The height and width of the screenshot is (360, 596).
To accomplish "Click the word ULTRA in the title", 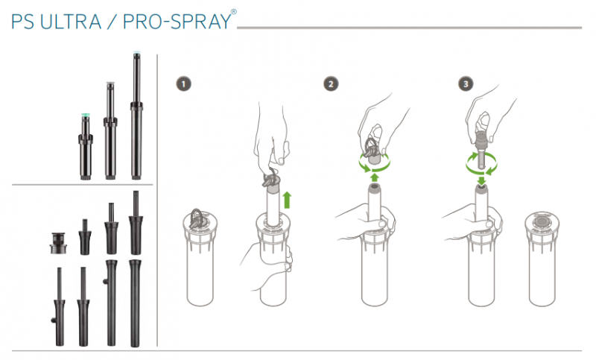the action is click(x=71, y=22).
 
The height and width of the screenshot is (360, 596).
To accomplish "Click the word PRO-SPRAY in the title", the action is click(x=177, y=22).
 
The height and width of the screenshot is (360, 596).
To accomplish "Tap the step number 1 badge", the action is click(x=183, y=84).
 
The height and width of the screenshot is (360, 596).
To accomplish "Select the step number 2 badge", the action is click(x=331, y=84).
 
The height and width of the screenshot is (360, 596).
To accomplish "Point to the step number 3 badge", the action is click(x=466, y=84).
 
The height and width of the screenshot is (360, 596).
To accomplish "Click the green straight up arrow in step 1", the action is click(x=287, y=200).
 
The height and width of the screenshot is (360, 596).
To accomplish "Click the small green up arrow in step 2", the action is click(x=375, y=177).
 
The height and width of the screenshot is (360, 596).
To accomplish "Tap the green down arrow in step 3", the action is click(x=481, y=180).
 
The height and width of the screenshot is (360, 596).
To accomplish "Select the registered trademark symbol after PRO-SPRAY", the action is click(x=233, y=12).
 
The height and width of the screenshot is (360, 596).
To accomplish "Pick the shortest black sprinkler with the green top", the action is click(x=86, y=146).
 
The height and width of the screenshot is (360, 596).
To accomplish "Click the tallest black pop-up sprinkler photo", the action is click(x=136, y=116).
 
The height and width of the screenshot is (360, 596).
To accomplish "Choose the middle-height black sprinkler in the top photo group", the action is click(x=110, y=130).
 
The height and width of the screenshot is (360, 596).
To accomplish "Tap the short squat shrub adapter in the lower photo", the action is click(x=58, y=243).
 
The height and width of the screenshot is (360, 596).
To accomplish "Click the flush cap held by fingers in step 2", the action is click(x=373, y=153).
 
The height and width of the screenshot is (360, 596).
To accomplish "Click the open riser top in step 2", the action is click(x=375, y=186).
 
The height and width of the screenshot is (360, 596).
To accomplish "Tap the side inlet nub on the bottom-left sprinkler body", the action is click(x=54, y=320).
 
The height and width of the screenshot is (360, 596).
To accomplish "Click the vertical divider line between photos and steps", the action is click(x=157, y=200).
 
